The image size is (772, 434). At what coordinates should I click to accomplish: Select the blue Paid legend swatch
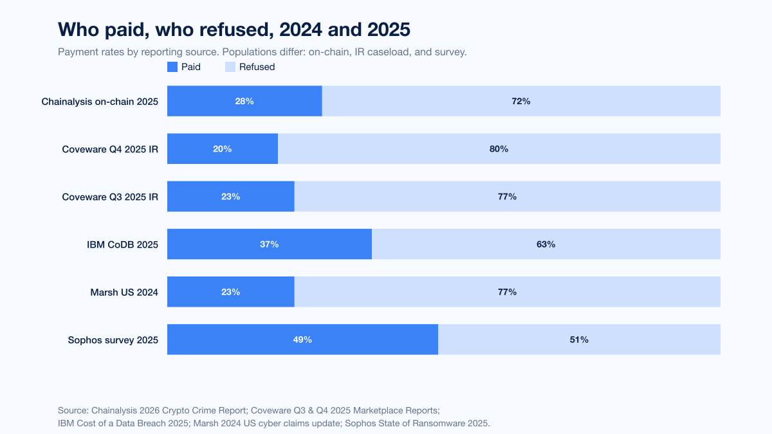[172, 67]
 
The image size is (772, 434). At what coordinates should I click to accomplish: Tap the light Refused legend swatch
[230, 67]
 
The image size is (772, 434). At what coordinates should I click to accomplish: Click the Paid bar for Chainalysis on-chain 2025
[244, 101]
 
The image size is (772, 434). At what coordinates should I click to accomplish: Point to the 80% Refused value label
[499, 149]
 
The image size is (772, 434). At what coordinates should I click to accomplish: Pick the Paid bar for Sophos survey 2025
[302, 339]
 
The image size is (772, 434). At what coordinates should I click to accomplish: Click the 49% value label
[302, 339]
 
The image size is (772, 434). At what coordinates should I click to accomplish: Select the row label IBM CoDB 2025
[122, 244]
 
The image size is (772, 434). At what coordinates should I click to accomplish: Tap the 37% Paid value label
[269, 244]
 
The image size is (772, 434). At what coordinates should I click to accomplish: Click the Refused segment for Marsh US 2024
[508, 292]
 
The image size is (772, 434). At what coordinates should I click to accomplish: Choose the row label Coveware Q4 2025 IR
[110, 149]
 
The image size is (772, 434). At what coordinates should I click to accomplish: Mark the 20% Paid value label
[223, 149]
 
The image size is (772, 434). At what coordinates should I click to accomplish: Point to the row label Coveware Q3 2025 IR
[110, 197]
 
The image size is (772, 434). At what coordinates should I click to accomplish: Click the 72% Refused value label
[520, 102]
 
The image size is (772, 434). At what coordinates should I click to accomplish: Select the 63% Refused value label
[546, 244]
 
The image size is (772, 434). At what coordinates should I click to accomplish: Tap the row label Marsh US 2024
[124, 292]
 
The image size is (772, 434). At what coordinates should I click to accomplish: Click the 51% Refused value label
[579, 339]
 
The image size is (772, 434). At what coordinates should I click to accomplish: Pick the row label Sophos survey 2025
[113, 340]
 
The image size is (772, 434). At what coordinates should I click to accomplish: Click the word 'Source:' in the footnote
[73, 410]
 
